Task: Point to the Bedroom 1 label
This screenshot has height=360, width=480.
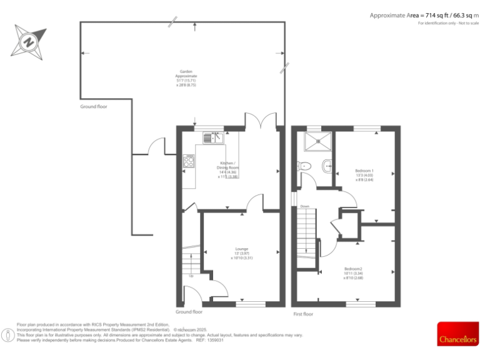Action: pos(364,174)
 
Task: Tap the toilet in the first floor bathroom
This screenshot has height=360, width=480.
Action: pos(304,166)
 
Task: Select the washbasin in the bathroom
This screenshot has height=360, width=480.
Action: pos(328,166)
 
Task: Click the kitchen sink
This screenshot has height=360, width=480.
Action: pos(213,137)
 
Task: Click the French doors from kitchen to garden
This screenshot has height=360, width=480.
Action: pos(260,120)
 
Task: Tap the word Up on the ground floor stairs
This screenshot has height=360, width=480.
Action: pos(191,276)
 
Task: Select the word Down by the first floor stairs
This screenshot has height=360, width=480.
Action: pos(304,206)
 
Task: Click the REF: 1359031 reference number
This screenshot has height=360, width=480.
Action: pos(209,340)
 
